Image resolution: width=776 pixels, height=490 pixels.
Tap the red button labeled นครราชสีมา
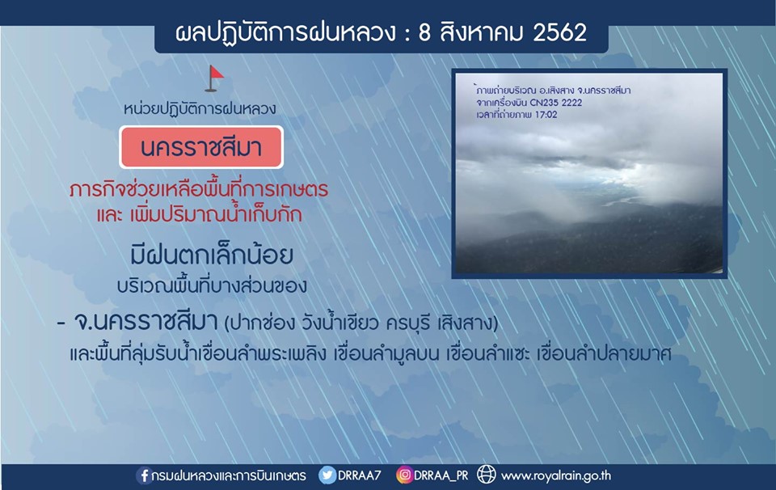coord(201,147)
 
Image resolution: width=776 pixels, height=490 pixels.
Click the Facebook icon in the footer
coord(144,475)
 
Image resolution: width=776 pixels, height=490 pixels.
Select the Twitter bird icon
coord(327,475)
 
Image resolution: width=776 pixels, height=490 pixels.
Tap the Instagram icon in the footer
coord(404,475)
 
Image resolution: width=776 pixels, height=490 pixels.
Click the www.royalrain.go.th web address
coord(556,476)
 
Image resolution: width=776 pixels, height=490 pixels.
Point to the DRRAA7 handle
coord(359,475)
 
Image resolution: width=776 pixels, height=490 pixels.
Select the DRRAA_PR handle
coord(441,475)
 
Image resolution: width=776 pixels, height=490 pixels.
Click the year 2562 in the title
coord(559,32)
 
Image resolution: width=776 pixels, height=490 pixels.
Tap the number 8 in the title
coord(424,32)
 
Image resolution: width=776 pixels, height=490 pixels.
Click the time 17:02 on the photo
coord(545,115)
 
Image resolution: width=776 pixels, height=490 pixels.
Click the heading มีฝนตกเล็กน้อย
coord(213,256)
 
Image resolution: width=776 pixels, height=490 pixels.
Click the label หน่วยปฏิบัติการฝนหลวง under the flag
coord(200,109)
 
